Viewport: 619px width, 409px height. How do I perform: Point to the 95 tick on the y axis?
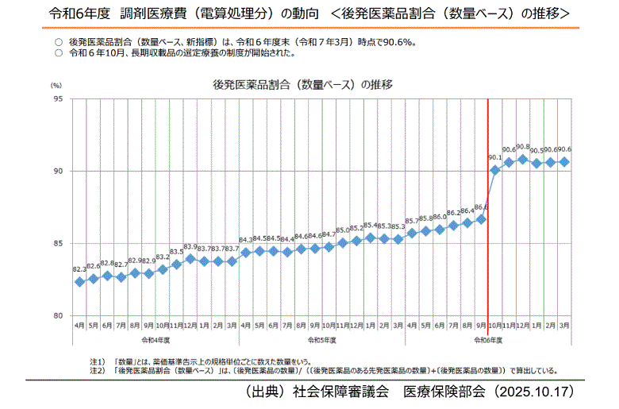point(59,99)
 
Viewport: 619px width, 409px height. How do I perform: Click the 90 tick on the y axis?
point(59,172)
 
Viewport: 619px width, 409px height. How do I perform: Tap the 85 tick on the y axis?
point(59,244)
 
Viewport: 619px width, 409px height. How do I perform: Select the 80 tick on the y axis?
point(59,316)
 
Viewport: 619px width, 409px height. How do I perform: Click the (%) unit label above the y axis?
point(56,85)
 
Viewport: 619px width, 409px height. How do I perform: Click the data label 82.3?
point(79,270)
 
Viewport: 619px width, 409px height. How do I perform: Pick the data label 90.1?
point(496,157)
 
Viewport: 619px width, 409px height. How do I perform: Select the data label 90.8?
point(523,147)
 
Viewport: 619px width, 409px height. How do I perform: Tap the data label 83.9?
point(190,247)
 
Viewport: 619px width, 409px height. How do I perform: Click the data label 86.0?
point(440,217)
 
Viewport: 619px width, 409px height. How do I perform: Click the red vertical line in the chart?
point(487,238)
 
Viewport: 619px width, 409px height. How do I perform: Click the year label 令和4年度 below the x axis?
point(156,340)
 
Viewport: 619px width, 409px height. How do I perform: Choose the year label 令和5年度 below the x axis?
point(322,340)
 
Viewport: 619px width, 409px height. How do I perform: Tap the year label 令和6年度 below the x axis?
point(488,340)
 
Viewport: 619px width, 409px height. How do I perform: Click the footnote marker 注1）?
point(98,361)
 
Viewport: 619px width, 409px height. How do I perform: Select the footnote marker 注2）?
point(98,370)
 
